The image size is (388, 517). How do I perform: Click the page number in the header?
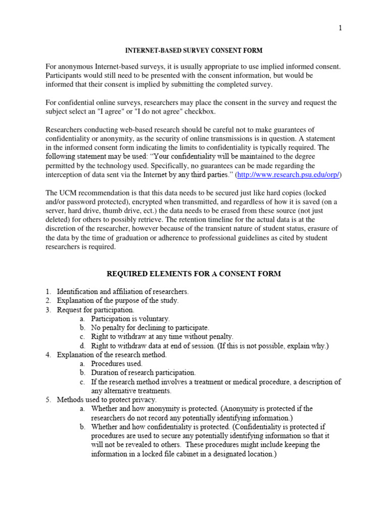[341, 28]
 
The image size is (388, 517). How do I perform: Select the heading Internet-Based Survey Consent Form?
[194, 50]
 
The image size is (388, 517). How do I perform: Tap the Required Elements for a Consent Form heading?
[193, 274]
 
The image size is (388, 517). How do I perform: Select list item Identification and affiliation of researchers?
[123, 292]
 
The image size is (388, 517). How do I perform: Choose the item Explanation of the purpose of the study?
[118, 301]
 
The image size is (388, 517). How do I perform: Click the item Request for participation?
[95, 310]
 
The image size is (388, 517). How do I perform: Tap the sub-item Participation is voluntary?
[130, 319]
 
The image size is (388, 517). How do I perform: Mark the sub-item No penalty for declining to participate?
[150, 328]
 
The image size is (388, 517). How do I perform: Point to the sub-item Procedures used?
[117, 364]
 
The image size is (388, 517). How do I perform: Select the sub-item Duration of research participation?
[143, 373]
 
